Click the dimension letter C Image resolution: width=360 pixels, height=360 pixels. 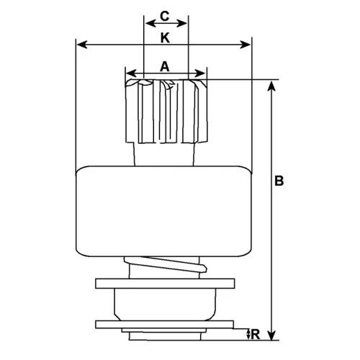[x=165, y=17]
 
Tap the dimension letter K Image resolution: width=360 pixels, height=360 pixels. [x=165, y=38]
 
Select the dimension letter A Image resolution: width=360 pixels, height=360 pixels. [x=165, y=66]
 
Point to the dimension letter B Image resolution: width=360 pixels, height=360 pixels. [x=279, y=181]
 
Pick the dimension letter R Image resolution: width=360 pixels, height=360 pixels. [x=256, y=334]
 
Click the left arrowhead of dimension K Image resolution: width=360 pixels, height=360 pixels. [x=82, y=45]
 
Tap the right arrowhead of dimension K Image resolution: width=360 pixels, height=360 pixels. [x=246, y=45]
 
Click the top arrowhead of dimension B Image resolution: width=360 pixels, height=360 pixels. [x=271, y=86]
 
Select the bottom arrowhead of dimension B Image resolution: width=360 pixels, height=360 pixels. [x=271, y=335]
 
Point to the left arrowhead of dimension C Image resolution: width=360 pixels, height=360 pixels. [x=150, y=24]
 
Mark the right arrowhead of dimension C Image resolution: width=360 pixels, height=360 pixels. [x=182, y=24]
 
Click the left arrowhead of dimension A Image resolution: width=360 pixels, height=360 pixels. [x=132, y=73]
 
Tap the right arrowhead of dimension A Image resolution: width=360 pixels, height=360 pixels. [x=200, y=73]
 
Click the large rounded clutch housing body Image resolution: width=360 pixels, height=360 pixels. [x=163, y=211]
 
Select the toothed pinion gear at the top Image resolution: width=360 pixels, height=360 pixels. [x=166, y=111]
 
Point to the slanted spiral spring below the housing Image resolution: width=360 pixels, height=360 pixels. [x=166, y=264]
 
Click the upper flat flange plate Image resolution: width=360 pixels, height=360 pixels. [x=165, y=284]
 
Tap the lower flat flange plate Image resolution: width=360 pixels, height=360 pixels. [x=164, y=324]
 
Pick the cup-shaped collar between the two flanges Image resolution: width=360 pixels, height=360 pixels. [x=165, y=305]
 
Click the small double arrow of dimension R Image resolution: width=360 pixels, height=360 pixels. [x=248, y=334]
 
